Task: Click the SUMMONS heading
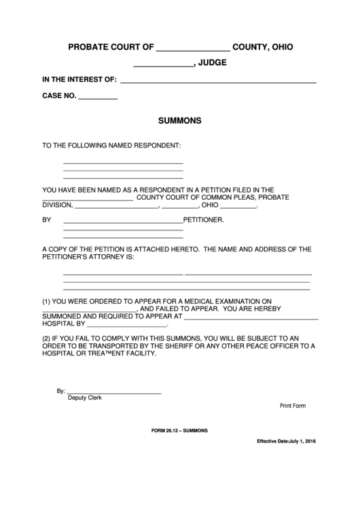coord(179,121)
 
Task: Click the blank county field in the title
coord(194,50)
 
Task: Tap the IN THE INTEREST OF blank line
coord(218,82)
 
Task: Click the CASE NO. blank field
coord(98,99)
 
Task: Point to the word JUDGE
coord(213,63)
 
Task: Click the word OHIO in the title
coord(279,47)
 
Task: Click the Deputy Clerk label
coord(85,398)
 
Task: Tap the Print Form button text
coord(293,406)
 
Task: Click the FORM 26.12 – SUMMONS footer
coord(180,431)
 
